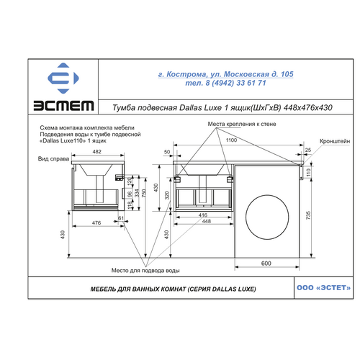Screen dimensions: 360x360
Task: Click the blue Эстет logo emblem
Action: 63,78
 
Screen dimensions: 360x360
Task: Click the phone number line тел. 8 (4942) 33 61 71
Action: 225,83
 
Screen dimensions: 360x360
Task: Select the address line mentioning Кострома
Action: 225,74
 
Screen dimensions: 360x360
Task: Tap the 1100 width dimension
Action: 231,140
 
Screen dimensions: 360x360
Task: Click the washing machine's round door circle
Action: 267,217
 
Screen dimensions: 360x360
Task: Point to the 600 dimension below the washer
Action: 266,264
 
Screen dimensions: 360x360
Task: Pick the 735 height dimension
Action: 308,215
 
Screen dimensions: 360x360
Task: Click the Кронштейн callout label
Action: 335,141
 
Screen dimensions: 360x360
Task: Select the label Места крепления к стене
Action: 242,124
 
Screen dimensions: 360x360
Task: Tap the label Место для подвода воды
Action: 145,271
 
